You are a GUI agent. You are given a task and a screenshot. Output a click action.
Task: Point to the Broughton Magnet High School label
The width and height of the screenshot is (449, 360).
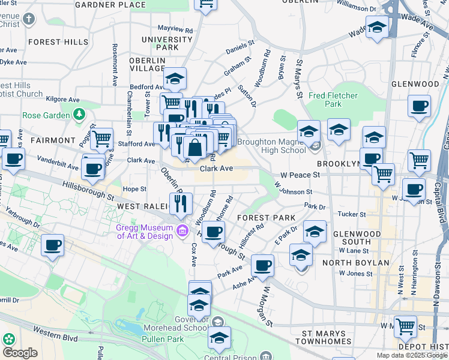tap(271, 146)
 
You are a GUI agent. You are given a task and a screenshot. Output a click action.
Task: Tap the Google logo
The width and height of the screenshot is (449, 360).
tap(20, 353)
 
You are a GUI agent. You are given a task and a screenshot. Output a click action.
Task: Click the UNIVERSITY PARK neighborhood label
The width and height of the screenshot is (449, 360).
tap(160, 43)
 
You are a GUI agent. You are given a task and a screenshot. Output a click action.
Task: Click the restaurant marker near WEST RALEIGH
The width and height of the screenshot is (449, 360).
tap(181, 204)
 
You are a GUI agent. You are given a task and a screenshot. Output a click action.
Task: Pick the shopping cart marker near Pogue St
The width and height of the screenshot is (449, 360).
tap(102, 139)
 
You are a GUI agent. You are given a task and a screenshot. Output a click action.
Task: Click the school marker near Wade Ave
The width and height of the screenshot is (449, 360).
tap(377, 28)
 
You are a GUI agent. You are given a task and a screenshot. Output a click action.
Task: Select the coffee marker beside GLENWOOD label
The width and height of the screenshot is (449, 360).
tap(419, 106)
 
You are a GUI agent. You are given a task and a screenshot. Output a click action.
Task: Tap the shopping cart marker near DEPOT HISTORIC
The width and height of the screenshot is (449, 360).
tap(405, 326)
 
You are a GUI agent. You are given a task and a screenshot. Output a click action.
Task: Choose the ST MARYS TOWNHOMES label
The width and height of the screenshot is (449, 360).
tap(324, 337)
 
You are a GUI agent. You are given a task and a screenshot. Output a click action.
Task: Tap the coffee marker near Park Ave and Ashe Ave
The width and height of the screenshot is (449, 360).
tap(262, 265)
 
